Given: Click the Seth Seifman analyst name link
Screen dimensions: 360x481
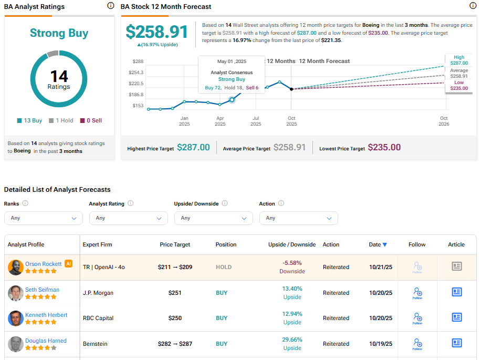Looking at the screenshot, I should click(x=42, y=290).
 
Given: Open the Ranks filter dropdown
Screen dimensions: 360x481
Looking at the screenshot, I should click(x=43, y=218).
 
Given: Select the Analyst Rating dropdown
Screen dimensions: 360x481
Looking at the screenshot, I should click(x=128, y=218).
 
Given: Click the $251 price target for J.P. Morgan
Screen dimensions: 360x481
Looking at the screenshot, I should click(x=175, y=293).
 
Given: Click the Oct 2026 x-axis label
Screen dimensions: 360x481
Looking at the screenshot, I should click(x=444, y=121).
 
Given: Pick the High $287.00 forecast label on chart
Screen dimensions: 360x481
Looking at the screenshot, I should click(x=459, y=60).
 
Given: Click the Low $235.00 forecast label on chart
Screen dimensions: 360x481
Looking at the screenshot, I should click(x=459, y=85).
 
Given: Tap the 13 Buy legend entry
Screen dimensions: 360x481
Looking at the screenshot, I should click(x=29, y=120).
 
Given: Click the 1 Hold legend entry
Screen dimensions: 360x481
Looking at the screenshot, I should click(x=61, y=120).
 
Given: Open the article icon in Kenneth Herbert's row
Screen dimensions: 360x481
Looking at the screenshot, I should click(x=456, y=317).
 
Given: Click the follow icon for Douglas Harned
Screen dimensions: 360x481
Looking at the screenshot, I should click(x=417, y=344).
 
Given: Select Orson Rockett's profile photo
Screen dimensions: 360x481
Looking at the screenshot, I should click(x=15, y=267).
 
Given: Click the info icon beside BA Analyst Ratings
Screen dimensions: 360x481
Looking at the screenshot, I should click(x=110, y=6).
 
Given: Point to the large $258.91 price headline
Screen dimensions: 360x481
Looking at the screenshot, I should click(x=156, y=32).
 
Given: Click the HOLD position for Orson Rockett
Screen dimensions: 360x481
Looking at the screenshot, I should click(x=224, y=267).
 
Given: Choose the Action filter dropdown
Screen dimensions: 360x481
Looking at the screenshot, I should click(x=298, y=218).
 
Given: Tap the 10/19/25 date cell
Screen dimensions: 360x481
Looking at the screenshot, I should click(x=380, y=344).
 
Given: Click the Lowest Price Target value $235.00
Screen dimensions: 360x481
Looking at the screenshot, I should click(x=384, y=148).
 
